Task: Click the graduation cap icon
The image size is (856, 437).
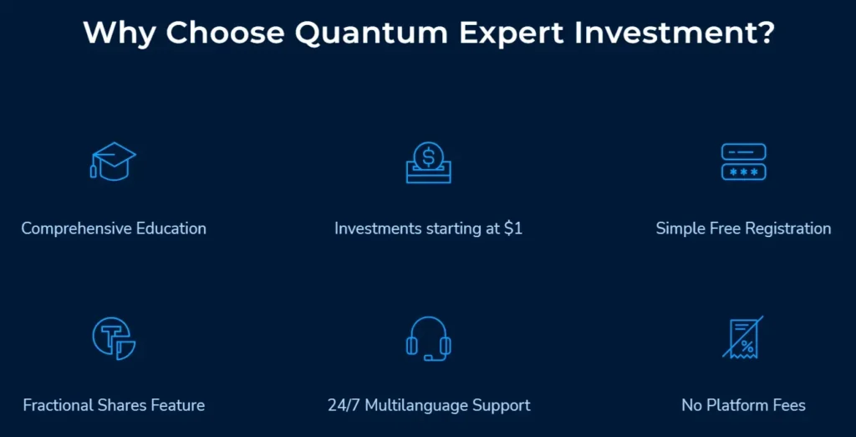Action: tap(113, 162)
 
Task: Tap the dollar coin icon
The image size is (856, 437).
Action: tap(428, 162)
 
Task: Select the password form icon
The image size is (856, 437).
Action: tap(743, 162)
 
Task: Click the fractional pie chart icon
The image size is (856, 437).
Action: tap(113, 338)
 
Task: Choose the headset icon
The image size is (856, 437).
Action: tap(428, 338)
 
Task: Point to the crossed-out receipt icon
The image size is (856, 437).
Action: tap(743, 338)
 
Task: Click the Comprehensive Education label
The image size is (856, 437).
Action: tap(114, 229)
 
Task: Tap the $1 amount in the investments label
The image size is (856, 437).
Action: tap(513, 229)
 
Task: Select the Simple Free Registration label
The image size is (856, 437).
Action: tap(743, 229)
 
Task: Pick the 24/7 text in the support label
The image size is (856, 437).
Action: tap(344, 406)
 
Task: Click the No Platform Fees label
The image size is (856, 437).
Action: tap(743, 406)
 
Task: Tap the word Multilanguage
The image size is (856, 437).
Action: tap(416, 406)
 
